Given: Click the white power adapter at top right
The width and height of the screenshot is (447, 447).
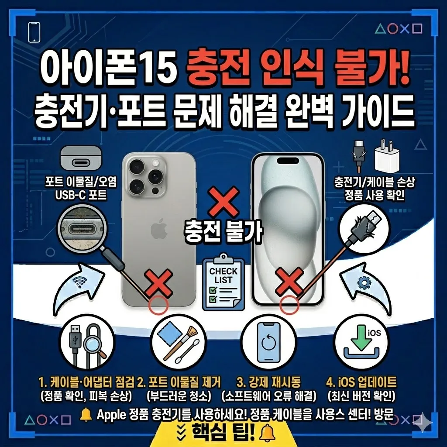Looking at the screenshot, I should point(387,158).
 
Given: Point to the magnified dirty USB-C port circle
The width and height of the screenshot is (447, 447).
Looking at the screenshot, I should point(82,226).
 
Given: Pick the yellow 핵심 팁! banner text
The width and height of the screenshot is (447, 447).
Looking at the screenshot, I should point(223,432).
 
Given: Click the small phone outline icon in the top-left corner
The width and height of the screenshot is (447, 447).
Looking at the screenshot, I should point(34,32).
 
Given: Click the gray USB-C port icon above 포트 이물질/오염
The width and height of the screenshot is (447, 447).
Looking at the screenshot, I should point(81,158).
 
